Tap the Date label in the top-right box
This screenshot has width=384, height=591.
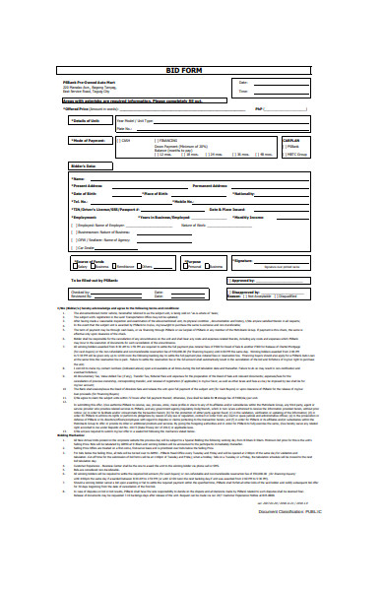point(244,82)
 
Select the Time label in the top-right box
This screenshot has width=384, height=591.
point(244,91)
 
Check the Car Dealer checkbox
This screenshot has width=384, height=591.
point(75,248)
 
